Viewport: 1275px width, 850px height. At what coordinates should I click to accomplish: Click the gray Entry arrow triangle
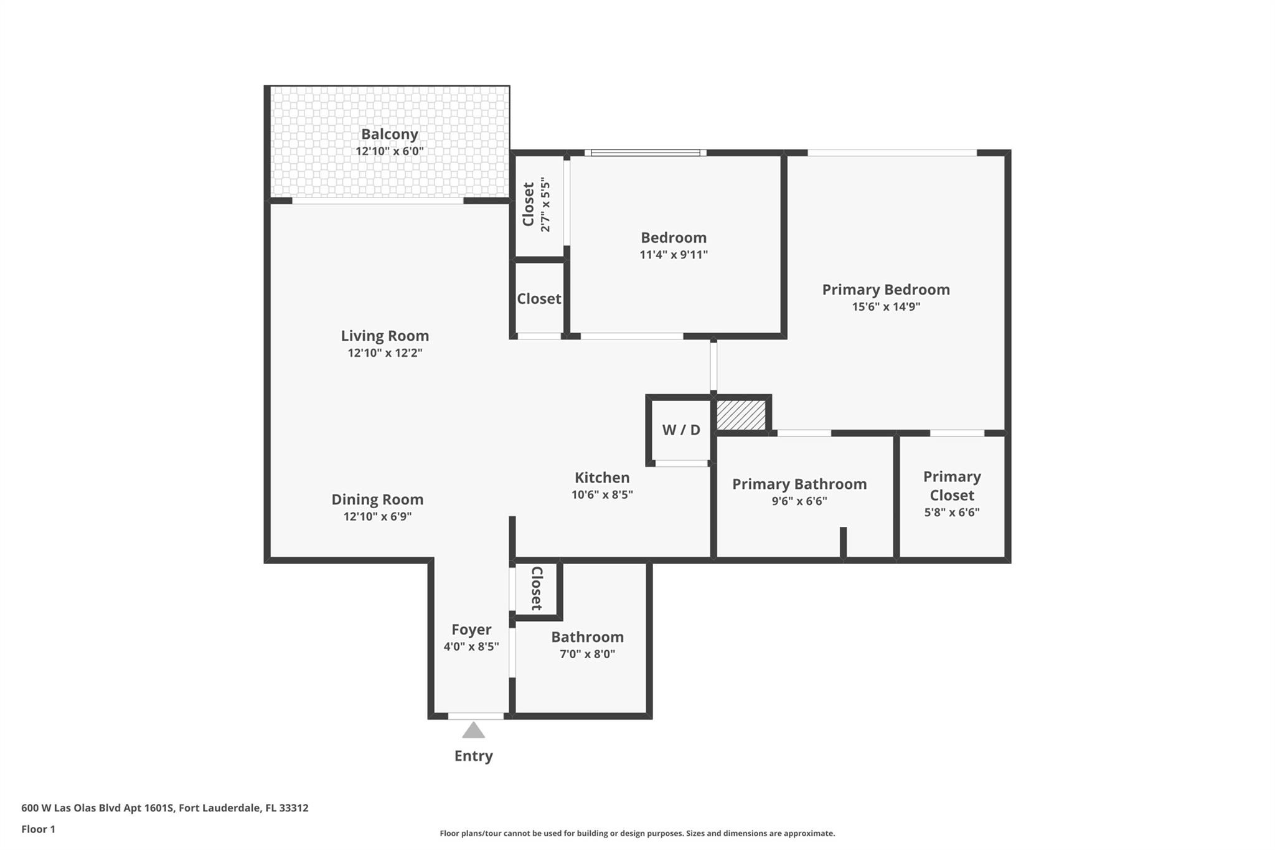473,730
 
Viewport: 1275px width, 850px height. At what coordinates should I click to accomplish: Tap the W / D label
681,430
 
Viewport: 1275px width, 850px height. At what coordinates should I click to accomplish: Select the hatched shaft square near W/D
741,415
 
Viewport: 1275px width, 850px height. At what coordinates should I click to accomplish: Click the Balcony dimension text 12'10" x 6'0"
390,151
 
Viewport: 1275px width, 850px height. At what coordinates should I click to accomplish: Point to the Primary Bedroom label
886,290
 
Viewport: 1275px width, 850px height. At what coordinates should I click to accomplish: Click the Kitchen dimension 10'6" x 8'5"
602,495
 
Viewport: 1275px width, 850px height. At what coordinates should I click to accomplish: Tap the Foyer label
471,630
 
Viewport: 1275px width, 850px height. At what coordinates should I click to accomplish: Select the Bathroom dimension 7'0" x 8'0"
587,654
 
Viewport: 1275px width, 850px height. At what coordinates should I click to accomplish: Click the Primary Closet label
952,486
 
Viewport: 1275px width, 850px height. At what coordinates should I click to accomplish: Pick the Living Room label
385,336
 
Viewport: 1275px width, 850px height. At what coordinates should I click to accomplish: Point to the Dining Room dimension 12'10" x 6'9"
377,517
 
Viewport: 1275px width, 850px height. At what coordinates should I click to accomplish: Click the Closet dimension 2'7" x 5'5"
545,205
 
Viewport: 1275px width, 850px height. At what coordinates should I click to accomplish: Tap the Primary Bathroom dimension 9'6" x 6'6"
799,501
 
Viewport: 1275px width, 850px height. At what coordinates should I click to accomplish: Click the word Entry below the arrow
473,756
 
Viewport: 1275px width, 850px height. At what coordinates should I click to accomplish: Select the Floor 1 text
39,829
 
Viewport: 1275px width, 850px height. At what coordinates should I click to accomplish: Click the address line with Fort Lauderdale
165,808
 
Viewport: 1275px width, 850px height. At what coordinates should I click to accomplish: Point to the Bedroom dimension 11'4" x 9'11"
674,255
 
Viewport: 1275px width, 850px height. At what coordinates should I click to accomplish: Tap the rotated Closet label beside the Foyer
537,588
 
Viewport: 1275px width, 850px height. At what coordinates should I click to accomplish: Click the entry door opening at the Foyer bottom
476,716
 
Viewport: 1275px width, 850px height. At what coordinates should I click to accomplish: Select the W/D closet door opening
682,463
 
